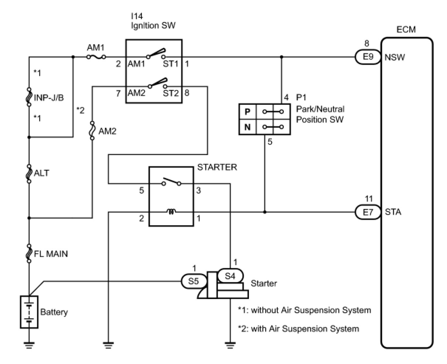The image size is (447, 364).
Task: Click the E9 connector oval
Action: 368,57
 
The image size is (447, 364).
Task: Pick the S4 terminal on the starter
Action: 230,276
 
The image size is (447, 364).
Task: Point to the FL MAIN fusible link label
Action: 51,254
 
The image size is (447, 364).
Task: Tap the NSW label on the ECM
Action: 395,57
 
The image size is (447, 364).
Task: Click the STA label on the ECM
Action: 393,212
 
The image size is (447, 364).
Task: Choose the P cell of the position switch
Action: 247,111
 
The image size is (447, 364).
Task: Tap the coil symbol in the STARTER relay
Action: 171,211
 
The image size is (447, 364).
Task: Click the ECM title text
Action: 406,30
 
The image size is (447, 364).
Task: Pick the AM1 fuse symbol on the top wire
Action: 96,57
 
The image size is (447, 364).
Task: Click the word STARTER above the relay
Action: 217,167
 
